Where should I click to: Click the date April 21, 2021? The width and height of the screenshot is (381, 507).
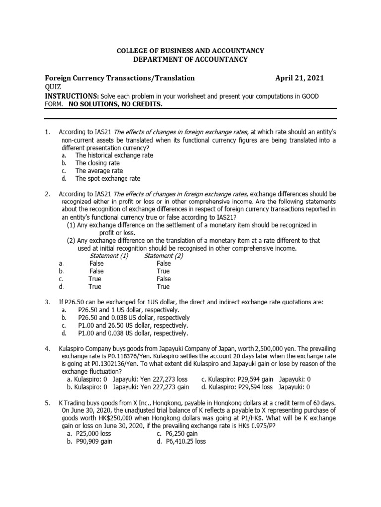pos(300,78)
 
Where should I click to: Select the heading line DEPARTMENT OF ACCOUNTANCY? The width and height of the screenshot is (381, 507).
pos(190,59)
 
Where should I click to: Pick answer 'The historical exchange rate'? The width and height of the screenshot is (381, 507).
pos(114,155)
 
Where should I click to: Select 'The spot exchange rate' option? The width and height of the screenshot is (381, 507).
pos(108,178)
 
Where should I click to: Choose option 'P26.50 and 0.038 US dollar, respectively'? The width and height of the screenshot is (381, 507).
pos(133,317)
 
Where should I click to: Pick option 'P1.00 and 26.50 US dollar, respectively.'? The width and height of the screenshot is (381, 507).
pos(133,325)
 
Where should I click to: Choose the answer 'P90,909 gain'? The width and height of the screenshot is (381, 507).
pos(93,442)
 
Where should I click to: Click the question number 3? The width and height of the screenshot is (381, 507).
pos(47,302)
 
